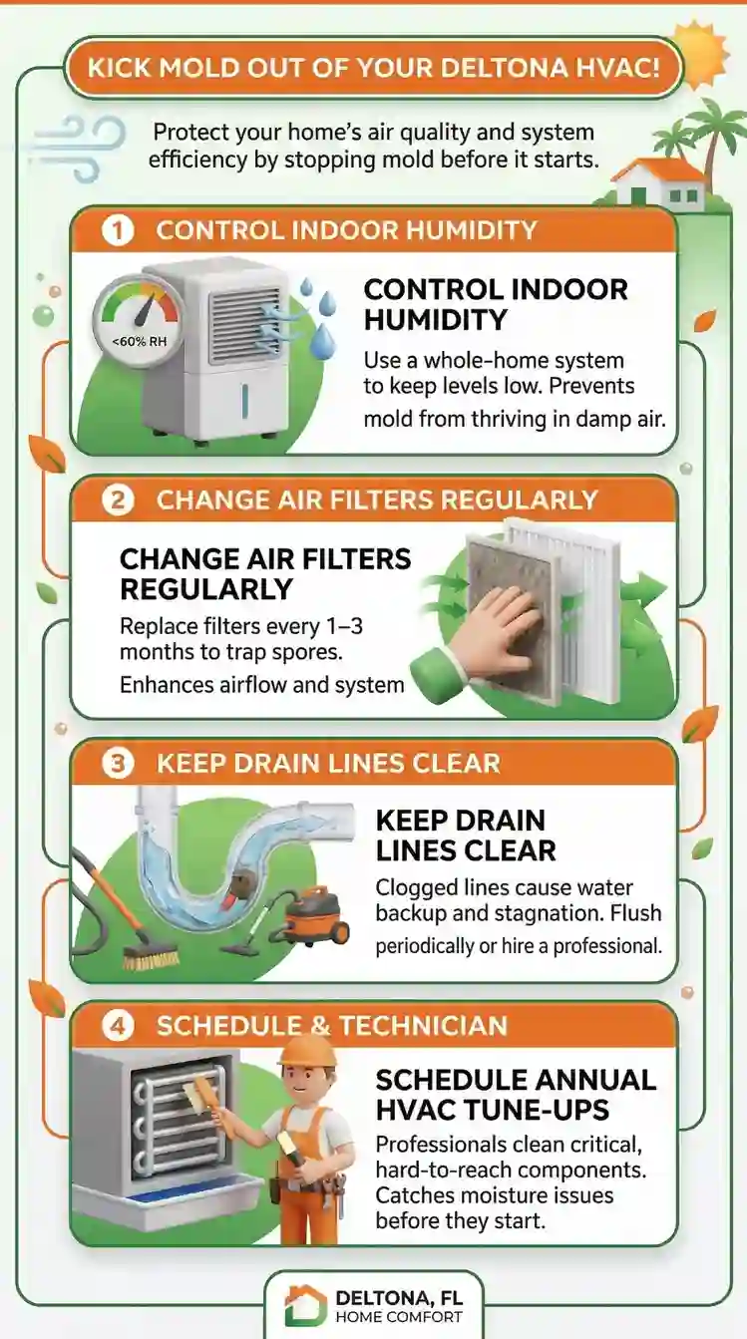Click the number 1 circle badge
point(118,230)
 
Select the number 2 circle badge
point(118,501)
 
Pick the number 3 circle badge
point(118,764)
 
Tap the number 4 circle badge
point(118,1026)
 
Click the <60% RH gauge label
point(140,342)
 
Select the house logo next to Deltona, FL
point(305,1304)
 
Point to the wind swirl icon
point(78,147)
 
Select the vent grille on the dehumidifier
point(244,326)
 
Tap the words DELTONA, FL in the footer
point(399,1298)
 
